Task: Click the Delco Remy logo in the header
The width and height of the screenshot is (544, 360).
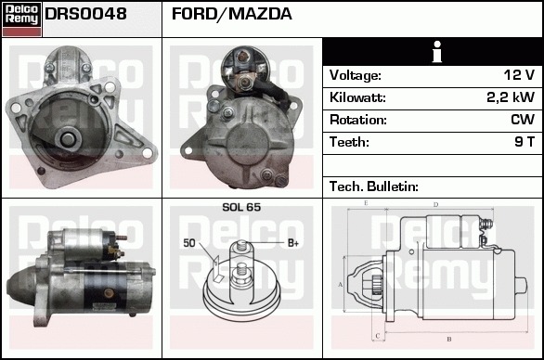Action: [21, 19]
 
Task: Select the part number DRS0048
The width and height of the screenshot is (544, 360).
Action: [85, 14]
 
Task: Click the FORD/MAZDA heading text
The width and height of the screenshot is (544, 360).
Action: [232, 14]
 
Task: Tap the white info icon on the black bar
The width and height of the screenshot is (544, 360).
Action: [437, 52]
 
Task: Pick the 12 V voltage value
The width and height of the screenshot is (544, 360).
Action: [519, 75]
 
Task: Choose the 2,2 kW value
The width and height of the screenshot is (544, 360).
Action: [511, 97]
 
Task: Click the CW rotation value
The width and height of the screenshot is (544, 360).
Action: [523, 120]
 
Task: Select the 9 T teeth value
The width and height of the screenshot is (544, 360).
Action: [525, 142]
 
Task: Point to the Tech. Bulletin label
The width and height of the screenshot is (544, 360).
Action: [374, 186]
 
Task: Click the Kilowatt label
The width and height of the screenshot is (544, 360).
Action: [357, 97]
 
